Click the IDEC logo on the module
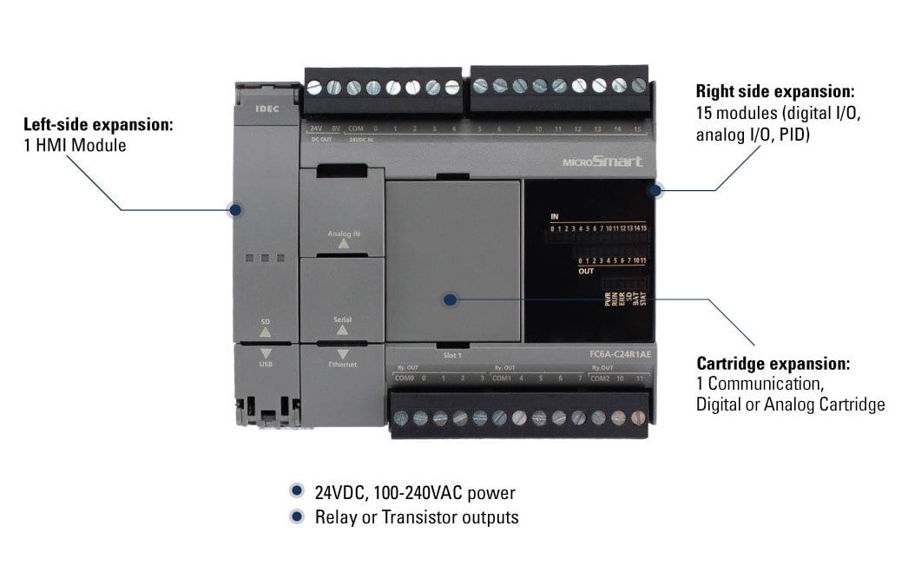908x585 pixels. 265,110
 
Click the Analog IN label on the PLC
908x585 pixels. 343,233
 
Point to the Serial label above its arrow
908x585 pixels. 342,319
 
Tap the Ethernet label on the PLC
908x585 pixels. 342,365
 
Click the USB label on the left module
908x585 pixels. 266,365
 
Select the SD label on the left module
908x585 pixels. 266,322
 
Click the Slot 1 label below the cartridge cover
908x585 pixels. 451,356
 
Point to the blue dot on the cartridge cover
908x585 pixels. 450,300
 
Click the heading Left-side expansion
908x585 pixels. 98,124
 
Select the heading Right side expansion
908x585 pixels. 775,91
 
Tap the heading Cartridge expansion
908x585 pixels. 773,364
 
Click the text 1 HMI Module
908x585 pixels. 75,146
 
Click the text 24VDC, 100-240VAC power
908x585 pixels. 415,494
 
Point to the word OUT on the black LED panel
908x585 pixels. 586,270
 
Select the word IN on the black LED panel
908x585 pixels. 555,215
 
